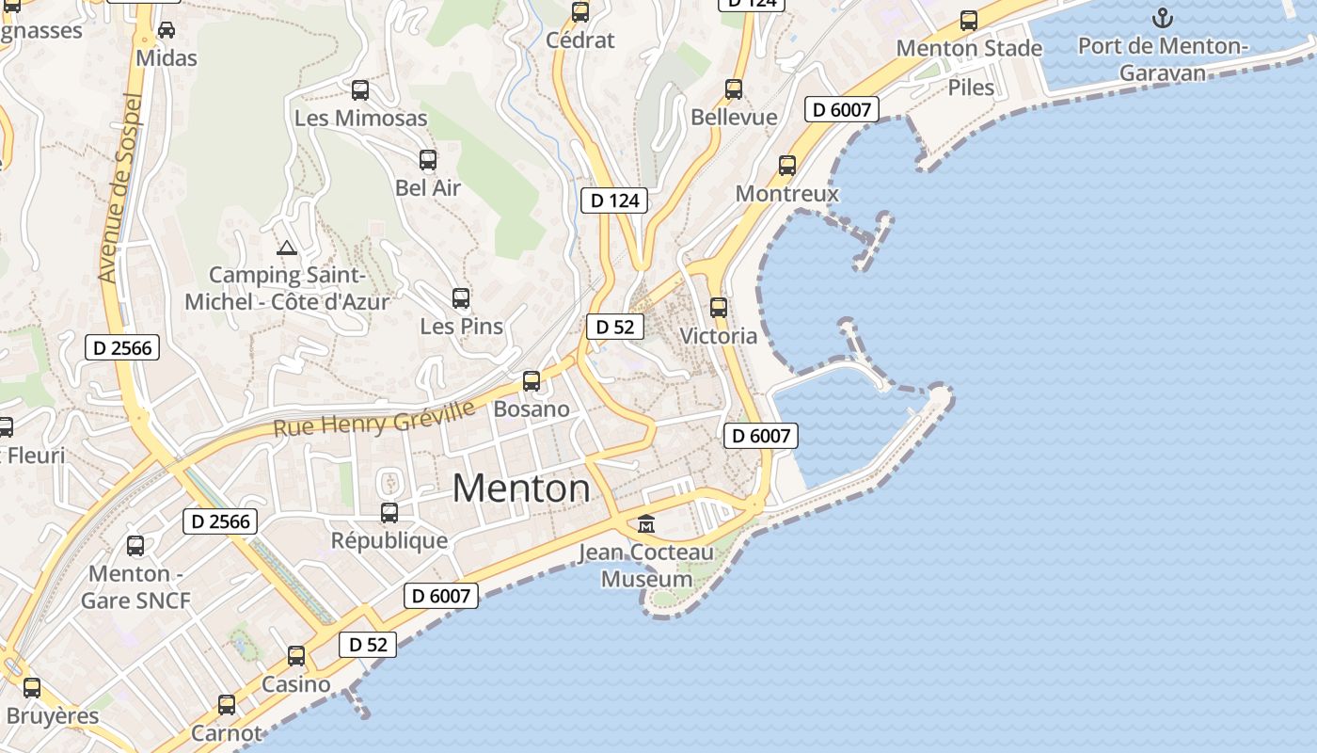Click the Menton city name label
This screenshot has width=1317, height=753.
pyautogui.click(x=521, y=489)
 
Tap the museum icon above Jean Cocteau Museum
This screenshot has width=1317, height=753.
pyautogui.click(x=646, y=523)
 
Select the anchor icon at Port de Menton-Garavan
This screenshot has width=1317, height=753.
pyautogui.click(x=1163, y=18)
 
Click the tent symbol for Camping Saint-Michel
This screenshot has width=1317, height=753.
pyautogui.click(x=287, y=248)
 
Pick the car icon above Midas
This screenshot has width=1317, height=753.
pyautogui.click(x=167, y=30)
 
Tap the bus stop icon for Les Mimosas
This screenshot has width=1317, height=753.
pyautogui.click(x=360, y=90)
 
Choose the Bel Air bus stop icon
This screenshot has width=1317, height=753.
pyautogui.click(x=428, y=160)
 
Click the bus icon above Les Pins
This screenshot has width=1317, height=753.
pyautogui.click(x=461, y=298)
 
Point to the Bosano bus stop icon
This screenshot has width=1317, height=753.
pyautogui.click(x=532, y=381)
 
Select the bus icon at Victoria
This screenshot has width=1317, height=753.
pyautogui.click(x=719, y=308)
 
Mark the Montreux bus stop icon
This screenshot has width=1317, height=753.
pyautogui.click(x=787, y=166)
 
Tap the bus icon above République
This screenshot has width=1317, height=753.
pyautogui.click(x=389, y=513)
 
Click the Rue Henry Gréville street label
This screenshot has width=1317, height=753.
pyautogui.click(x=373, y=417)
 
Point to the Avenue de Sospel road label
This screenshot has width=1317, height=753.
pyautogui.click(x=119, y=188)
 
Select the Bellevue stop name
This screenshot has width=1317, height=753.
pyautogui.click(x=734, y=117)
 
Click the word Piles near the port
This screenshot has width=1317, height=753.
pyautogui.click(x=971, y=88)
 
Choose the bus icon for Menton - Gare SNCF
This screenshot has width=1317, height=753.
pyautogui.click(x=135, y=546)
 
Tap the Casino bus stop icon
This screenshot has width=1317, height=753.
pyautogui.click(x=296, y=656)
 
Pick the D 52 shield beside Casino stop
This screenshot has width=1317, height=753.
pyautogui.click(x=368, y=645)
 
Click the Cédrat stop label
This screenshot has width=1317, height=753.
pyautogui.click(x=580, y=40)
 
